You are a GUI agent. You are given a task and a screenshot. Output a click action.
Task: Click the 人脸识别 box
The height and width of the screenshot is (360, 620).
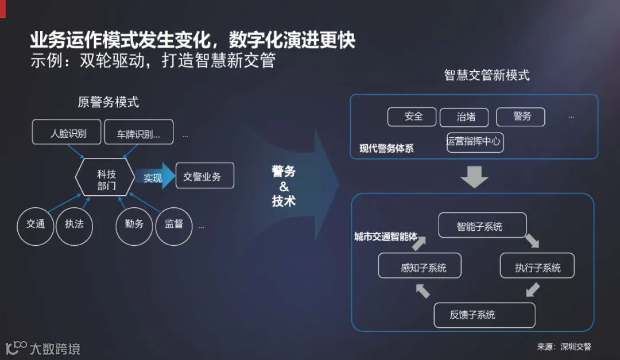[x=67, y=133]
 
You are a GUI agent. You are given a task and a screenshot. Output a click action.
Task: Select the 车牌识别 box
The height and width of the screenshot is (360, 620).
[x=138, y=133]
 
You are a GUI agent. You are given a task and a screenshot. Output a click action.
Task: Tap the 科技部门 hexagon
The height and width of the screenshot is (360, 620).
[x=106, y=177]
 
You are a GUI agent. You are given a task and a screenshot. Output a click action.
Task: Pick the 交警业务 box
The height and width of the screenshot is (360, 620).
[x=204, y=176]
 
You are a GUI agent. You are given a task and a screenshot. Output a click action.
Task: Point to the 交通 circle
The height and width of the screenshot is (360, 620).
[x=36, y=224]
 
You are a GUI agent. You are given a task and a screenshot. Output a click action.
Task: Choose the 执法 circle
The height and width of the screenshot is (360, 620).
[x=75, y=224]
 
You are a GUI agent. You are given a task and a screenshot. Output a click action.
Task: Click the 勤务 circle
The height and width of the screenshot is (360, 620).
[x=134, y=224]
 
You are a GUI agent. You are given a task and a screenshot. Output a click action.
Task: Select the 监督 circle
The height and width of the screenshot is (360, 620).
[x=174, y=224]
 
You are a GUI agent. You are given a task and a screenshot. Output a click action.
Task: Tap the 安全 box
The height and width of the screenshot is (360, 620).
[x=412, y=117]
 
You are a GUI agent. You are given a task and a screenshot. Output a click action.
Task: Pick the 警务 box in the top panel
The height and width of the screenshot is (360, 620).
[x=520, y=117]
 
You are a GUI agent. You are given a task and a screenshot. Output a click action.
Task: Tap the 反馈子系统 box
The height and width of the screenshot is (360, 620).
[x=485, y=315]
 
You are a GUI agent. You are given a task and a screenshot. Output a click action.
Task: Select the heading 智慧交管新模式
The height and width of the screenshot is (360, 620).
[x=487, y=75]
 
